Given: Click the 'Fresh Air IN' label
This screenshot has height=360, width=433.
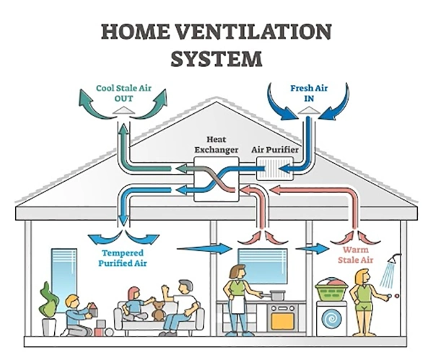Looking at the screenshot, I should [x=309, y=92].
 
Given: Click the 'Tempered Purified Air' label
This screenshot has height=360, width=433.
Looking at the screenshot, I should [x=122, y=258].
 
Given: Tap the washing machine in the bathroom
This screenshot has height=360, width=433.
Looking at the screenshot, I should [x=332, y=317].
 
